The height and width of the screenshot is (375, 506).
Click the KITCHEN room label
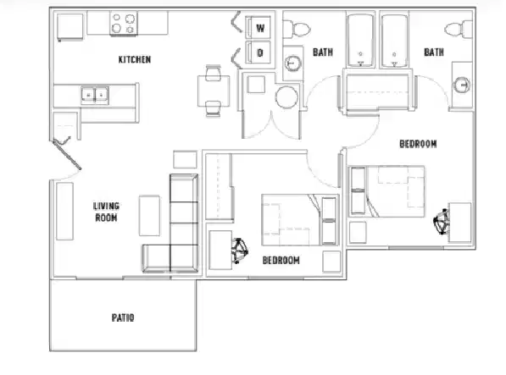click(x=134, y=59)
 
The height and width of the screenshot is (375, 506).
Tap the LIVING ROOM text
click(x=106, y=211)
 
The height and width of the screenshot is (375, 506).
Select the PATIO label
click(x=122, y=318)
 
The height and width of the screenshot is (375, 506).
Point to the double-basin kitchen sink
click(x=94, y=95)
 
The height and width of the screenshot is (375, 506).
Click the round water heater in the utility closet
click(x=286, y=97)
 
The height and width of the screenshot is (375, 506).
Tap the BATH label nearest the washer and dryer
click(x=322, y=52)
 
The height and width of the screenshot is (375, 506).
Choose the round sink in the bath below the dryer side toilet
click(x=294, y=63)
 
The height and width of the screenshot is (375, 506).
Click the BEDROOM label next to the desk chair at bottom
click(x=281, y=260)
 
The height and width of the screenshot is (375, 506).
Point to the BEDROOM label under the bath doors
click(x=417, y=144)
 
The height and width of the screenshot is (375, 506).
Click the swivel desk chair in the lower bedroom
click(x=240, y=250)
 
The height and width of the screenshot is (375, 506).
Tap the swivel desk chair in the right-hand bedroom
click(x=442, y=223)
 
